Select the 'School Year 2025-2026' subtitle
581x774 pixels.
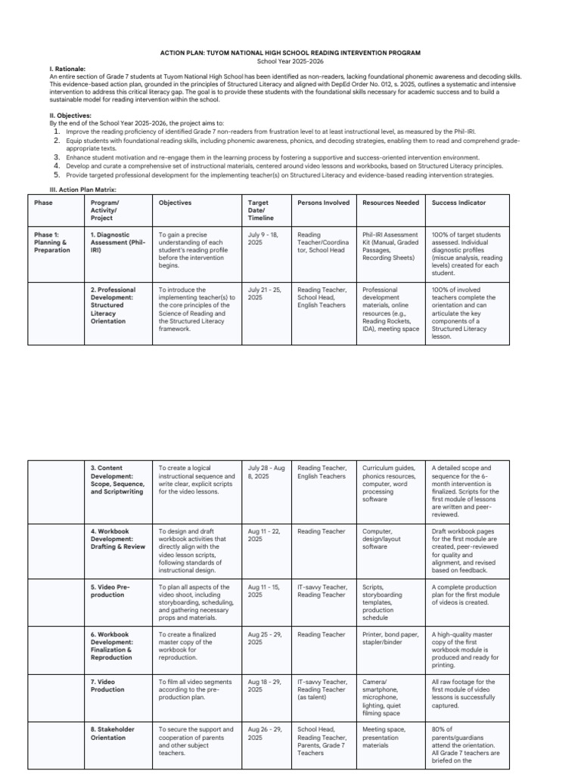click(290, 60)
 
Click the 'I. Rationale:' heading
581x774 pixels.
click(67, 69)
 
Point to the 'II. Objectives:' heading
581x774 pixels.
click(70, 116)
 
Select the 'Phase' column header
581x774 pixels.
click(43, 203)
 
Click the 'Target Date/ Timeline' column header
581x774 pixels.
click(259, 210)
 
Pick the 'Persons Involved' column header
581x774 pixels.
click(323, 203)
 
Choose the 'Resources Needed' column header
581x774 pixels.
click(390, 203)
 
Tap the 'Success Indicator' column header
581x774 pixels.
click(458, 203)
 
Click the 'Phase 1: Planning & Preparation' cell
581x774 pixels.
click(52, 243)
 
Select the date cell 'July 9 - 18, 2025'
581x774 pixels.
click(263, 239)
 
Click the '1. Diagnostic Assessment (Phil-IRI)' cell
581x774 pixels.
click(117, 243)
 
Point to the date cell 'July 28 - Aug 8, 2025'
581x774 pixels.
click(266, 472)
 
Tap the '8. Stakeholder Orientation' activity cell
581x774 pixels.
click(113, 733)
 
